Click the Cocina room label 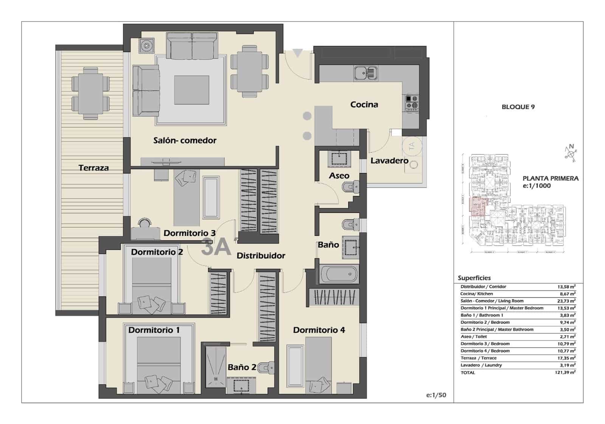click(x=364, y=105)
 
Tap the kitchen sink click(x=366, y=73)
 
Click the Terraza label click(x=93, y=168)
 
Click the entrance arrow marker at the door click(x=298, y=53)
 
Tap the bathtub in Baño click(x=338, y=274)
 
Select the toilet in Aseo click(x=351, y=187)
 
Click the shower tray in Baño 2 click(x=216, y=366)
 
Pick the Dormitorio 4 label click(x=319, y=330)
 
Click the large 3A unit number click(x=216, y=247)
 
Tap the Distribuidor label click(x=261, y=256)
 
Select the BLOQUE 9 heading click(x=518, y=107)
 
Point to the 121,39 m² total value click(x=567, y=372)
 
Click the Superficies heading click(x=474, y=278)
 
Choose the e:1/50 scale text click(x=436, y=395)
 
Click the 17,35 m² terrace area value click(x=567, y=358)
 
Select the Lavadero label click(x=389, y=160)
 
